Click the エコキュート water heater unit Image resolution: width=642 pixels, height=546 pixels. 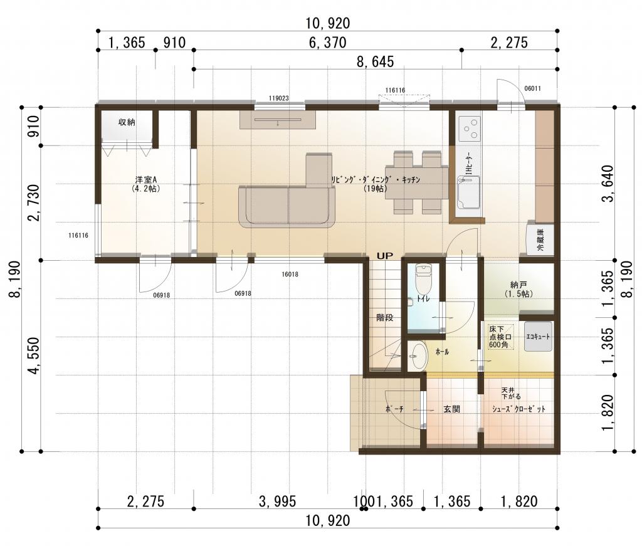(x=538, y=337)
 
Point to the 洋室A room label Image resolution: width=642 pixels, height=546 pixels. (x=146, y=184)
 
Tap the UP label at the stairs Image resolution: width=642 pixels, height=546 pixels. (x=384, y=256)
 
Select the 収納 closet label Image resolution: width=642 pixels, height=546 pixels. (x=127, y=122)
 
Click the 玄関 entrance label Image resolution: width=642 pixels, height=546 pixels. (x=451, y=409)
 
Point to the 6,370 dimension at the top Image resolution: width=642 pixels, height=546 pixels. (x=327, y=43)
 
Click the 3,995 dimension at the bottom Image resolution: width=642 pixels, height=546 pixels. (x=277, y=501)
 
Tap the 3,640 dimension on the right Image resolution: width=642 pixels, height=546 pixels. (x=608, y=184)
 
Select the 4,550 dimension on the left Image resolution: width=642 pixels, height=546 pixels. (x=34, y=355)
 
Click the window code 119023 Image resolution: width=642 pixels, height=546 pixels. (x=279, y=98)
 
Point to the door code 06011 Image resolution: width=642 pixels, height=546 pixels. (x=532, y=88)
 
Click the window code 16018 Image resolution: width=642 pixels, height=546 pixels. (x=290, y=274)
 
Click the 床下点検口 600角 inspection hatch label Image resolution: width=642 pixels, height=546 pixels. (x=500, y=337)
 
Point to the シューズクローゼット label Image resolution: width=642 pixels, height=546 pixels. (x=518, y=409)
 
